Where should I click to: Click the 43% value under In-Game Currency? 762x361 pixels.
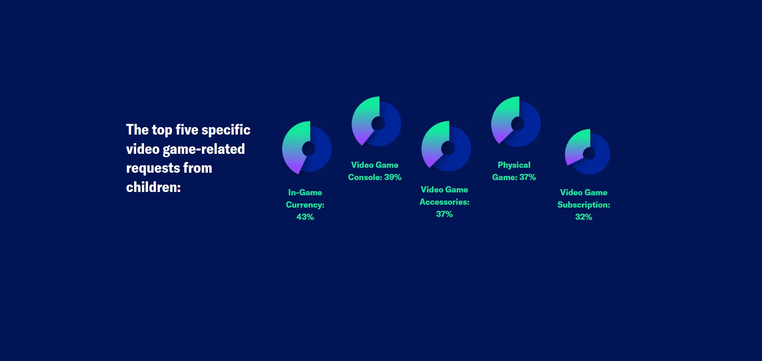coord(305,217)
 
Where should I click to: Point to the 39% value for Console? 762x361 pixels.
coord(393,177)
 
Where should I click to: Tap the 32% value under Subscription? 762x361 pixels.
coord(584,217)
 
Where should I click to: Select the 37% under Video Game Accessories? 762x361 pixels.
coord(445,214)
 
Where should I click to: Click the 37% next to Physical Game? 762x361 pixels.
coord(527,177)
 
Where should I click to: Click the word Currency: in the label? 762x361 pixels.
coord(305,205)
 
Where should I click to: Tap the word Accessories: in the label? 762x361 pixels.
coord(445,202)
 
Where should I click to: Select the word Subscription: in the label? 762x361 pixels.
coord(584,205)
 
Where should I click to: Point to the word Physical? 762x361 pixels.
coord(514,165)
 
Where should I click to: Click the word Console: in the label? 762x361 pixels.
coord(365,177)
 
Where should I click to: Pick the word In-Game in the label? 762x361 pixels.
coord(305,192)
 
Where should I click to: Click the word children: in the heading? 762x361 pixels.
coord(153,187)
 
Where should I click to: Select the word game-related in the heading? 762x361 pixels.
coord(204,149)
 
